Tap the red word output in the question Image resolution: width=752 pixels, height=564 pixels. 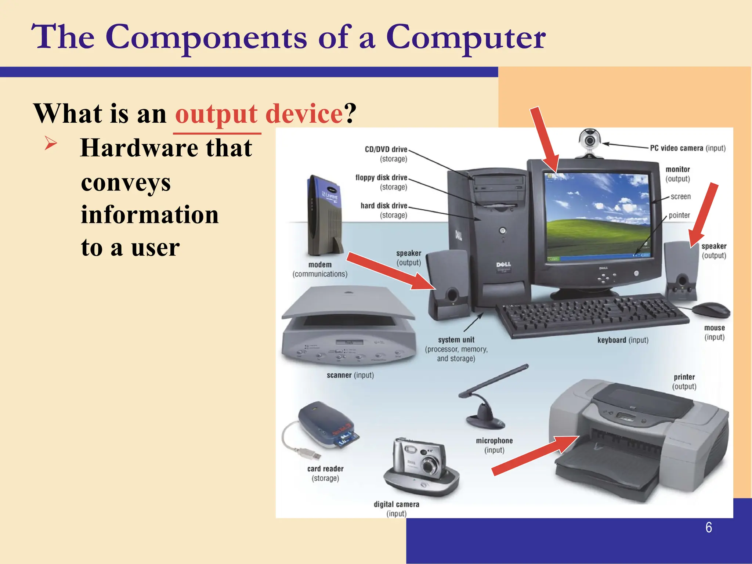click(x=216, y=114)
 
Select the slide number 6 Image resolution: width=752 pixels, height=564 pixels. click(x=709, y=527)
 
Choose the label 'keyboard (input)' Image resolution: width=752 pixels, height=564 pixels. click(x=623, y=340)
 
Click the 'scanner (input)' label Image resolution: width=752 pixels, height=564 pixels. click(x=350, y=375)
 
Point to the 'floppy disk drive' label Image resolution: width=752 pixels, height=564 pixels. click(x=381, y=178)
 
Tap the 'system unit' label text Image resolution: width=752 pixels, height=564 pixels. click(x=456, y=340)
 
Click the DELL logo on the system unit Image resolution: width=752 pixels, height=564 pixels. click(x=503, y=264)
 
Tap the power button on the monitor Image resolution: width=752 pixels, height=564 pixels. click(x=636, y=273)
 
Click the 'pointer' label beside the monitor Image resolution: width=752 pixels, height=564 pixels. click(x=679, y=215)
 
